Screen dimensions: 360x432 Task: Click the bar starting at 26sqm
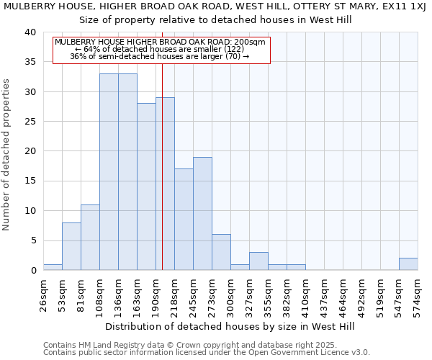[x=53, y=267]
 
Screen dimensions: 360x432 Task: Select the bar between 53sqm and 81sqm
[x=71, y=246]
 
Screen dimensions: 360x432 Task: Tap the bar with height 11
[x=90, y=238]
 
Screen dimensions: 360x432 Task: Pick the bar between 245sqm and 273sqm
[x=202, y=214]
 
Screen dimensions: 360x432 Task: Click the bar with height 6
[x=221, y=252]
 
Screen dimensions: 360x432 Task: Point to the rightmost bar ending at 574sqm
[x=408, y=264]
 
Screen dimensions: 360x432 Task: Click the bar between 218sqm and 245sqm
[x=184, y=220]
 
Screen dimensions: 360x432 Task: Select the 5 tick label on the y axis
[x=32, y=240]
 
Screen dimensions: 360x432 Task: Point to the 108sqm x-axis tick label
[x=99, y=294]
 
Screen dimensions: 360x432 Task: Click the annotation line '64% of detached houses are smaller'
[x=161, y=49]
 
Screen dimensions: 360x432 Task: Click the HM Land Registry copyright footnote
[x=205, y=345]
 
